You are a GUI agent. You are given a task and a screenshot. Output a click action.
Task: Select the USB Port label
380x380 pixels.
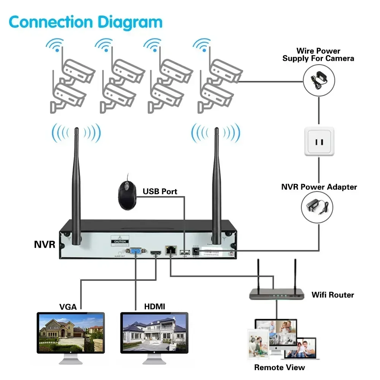pos(160,191)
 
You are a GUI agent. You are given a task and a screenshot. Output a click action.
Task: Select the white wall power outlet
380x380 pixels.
pos(319,141)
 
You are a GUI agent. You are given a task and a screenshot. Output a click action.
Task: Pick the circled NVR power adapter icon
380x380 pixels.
pos(317,207)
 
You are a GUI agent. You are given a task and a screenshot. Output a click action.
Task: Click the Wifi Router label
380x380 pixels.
pos(332,294)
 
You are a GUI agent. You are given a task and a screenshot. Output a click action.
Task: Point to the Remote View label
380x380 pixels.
pos(279,367)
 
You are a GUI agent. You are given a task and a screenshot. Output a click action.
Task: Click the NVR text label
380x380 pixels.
pos(44,244)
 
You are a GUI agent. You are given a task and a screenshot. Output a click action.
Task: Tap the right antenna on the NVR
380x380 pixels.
pos(217,182)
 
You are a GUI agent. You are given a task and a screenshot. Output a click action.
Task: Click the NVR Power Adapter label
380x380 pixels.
pos(319,187)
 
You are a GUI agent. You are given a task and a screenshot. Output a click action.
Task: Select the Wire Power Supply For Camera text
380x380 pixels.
pos(318,54)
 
